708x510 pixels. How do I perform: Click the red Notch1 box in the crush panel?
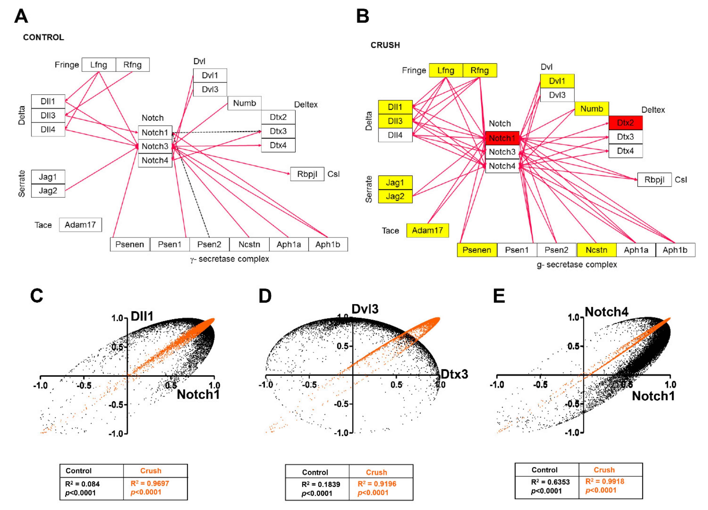pyautogui.click(x=502, y=138)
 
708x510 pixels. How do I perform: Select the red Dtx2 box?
pyautogui.click(x=625, y=123)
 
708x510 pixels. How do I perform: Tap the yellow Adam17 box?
pyautogui.click(x=427, y=230)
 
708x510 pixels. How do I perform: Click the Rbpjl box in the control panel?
pyautogui.click(x=307, y=174)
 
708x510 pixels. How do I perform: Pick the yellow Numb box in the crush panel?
pyautogui.click(x=592, y=109)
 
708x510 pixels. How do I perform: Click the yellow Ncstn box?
pyautogui.click(x=596, y=250)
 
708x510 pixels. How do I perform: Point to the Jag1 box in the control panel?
pyautogui.click(x=48, y=177)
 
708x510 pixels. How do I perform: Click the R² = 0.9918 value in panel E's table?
pyautogui.click(x=605, y=481)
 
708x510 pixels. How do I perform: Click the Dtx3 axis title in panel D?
pyautogui.click(x=454, y=374)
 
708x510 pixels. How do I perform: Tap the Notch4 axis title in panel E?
pyautogui.click(x=606, y=312)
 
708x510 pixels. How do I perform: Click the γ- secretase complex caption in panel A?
pyautogui.click(x=229, y=259)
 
